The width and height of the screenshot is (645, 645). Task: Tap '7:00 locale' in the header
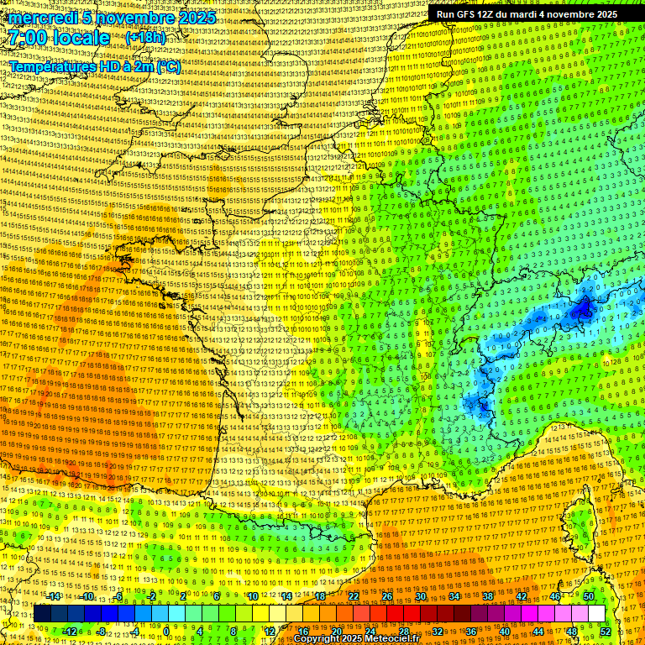(x=60, y=38)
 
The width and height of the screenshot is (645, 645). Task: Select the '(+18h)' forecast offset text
(x=145, y=38)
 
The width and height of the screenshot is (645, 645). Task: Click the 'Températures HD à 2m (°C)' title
(x=95, y=66)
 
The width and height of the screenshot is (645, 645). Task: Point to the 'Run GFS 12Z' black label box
(x=527, y=14)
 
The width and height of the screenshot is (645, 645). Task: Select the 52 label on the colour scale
(x=606, y=631)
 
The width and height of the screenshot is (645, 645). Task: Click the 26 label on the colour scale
(x=387, y=595)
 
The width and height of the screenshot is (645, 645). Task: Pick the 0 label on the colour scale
(x=166, y=631)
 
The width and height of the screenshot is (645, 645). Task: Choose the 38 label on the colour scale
(x=487, y=595)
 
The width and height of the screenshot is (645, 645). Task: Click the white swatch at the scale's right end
(x=596, y=613)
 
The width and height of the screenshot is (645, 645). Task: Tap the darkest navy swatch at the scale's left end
(x=42, y=613)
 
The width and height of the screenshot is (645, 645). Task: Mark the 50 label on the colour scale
(x=588, y=595)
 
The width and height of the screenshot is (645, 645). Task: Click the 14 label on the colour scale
(x=286, y=595)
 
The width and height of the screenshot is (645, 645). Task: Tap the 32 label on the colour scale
(x=437, y=631)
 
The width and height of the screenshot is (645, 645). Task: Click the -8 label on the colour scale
(x=101, y=631)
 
